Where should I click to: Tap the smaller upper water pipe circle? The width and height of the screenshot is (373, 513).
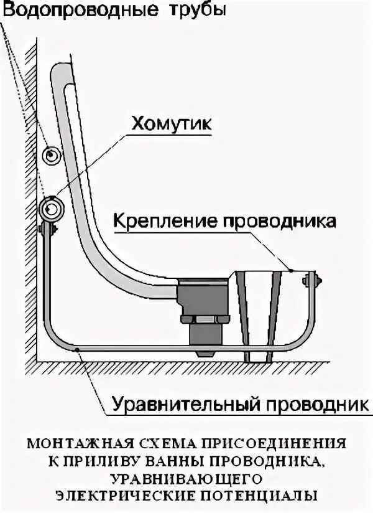click(x=51, y=154)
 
